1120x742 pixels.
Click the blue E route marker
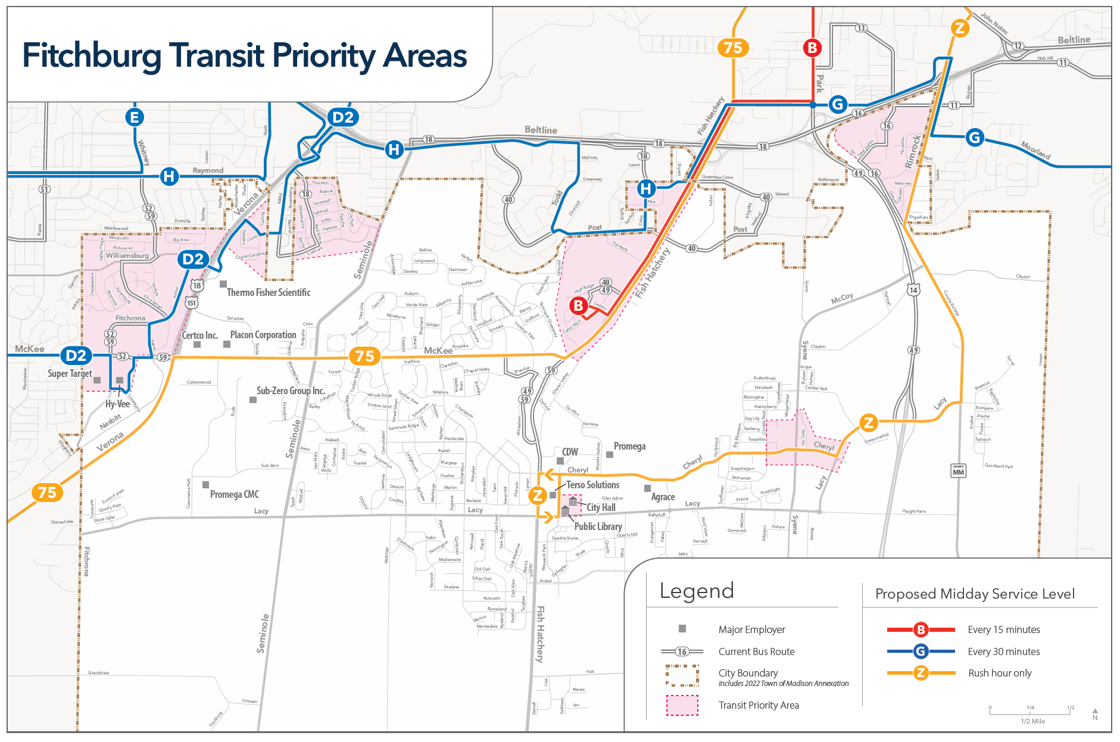(135, 117)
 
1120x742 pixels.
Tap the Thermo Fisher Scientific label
(268, 292)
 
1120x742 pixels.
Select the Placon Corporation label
(263, 335)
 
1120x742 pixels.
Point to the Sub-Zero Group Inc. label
(291, 391)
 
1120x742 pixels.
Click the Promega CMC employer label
(234, 494)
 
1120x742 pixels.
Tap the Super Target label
(70, 373)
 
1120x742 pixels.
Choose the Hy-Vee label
(117, 404)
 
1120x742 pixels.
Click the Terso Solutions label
(592, 485)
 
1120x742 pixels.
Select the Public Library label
(598, 526)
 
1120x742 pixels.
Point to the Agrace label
(663, 497)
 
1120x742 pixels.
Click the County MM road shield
(958, 470)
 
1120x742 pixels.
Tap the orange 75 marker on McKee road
(364, 356)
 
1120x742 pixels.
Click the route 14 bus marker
(913, 290)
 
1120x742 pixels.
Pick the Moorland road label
(1035, 149)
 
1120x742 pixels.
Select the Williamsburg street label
(127, 255)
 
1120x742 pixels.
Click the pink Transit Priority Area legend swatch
(682, 705)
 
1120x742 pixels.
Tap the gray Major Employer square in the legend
(682, 629)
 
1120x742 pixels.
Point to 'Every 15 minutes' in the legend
(1003, 629)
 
